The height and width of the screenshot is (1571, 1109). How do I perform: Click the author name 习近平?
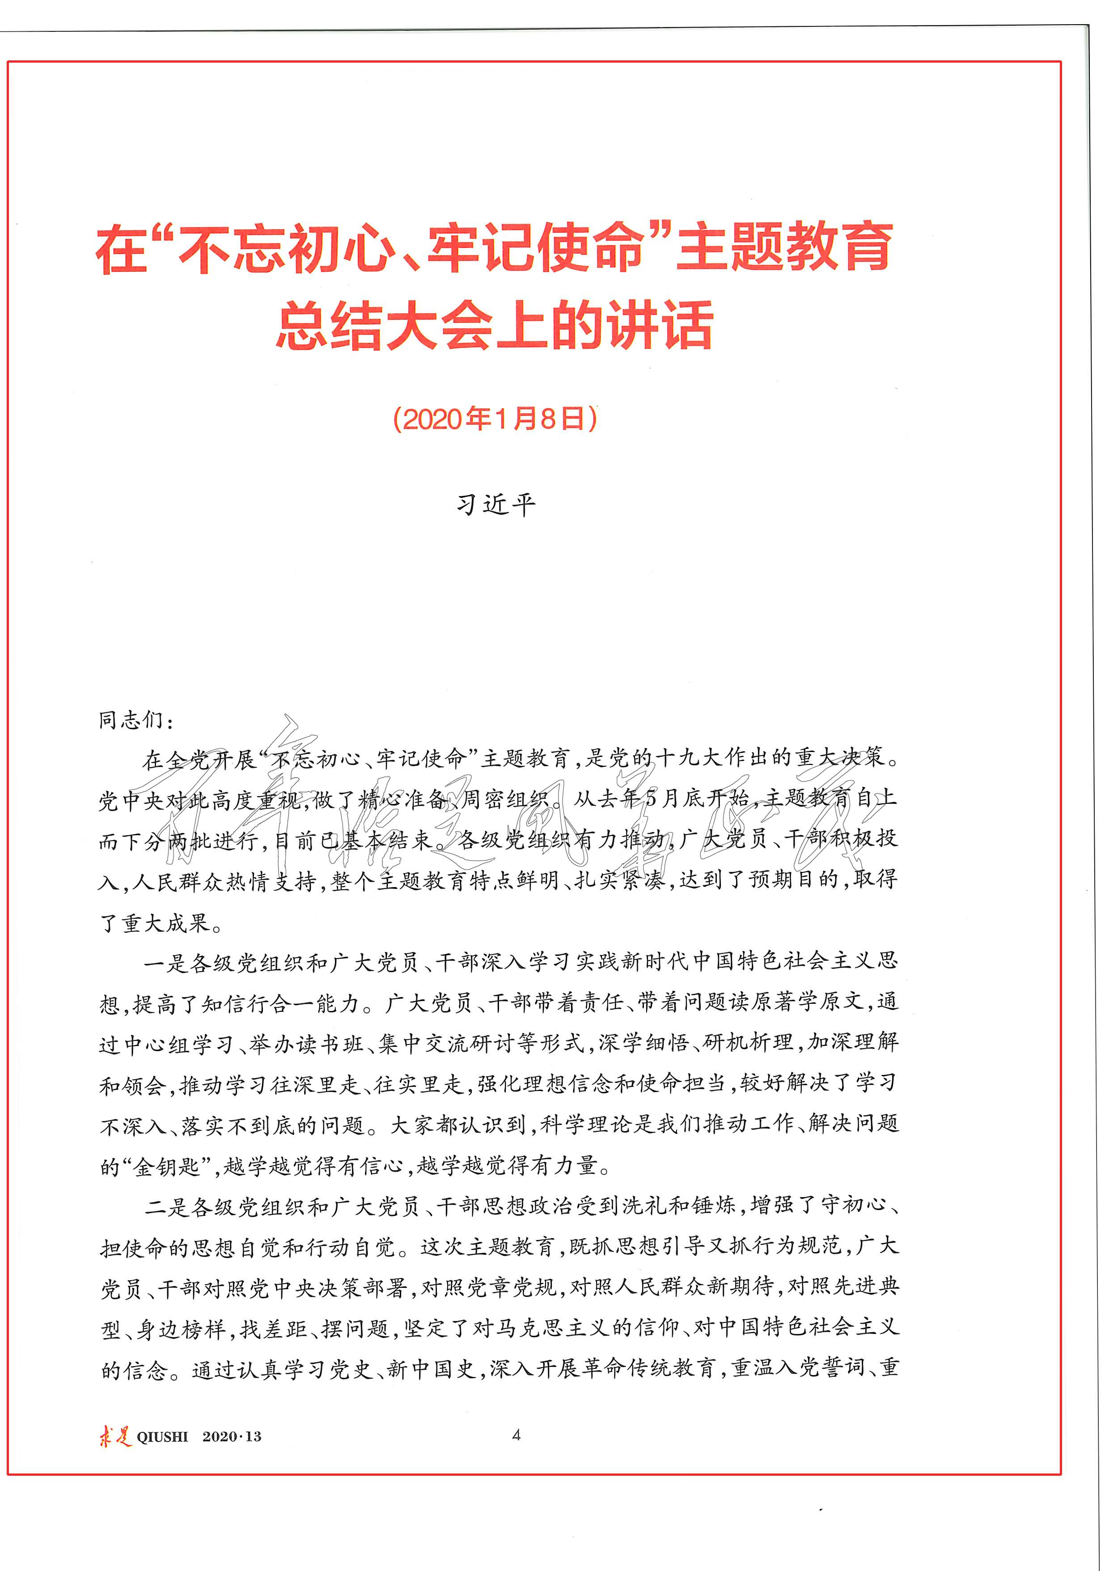click(x=496, y=505)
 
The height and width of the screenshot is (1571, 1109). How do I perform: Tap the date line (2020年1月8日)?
click(x=495, y=419)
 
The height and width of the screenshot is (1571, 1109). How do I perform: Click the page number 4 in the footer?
click(x=516, y=1435)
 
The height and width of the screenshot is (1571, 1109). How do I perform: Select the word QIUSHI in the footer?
click(x=162, y=1437)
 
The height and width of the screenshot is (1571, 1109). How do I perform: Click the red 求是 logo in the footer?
click(x=114, y=1435)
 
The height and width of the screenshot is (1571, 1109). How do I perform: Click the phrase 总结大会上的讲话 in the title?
click(x=495, y=326)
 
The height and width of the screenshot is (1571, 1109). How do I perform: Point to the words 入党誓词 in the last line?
click(x=820, y=1368)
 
